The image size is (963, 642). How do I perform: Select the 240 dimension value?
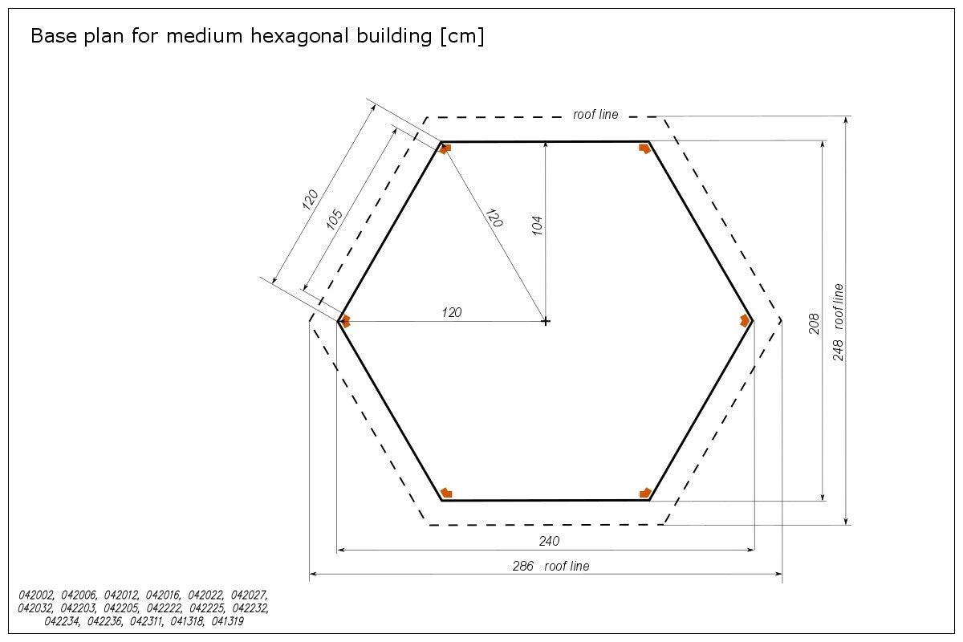click(549, 541)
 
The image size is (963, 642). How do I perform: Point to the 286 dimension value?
click(523, 566)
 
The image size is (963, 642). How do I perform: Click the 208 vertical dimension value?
click(814, 323)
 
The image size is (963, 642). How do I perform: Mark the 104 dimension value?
click(538, 225)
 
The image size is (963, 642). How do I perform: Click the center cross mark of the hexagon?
click(546, 321)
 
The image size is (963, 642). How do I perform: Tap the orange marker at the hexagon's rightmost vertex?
click(746, 320)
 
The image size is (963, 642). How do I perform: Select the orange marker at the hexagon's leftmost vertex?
click(345, 321)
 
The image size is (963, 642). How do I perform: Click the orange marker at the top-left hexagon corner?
click(445, 148)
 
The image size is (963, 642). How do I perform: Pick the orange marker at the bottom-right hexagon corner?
click(645, 493)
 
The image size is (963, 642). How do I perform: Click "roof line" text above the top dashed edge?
click(595, 115)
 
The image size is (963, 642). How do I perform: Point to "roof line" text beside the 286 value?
click(567, 566)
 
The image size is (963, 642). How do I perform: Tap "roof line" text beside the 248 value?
click(839, 306)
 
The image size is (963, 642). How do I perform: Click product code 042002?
click(36, 595)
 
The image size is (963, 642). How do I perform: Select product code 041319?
click(227, 621)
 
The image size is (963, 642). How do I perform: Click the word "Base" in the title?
click(51, 37)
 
